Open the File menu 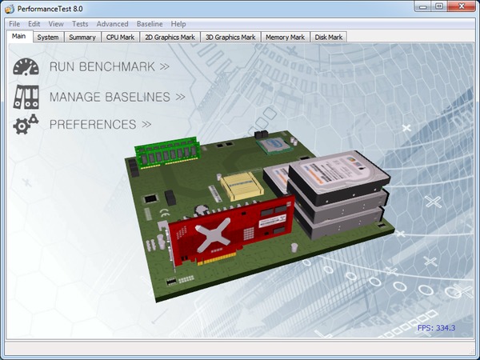point(14,24)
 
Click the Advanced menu point(112,24)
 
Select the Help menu point(178,24)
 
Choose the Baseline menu point(150,24)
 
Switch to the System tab point(48,37)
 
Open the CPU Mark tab point(120,37)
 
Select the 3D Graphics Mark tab point(230,37)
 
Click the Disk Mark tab point(329,37)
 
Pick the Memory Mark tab point(286,37)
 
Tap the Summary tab point(82,37)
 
